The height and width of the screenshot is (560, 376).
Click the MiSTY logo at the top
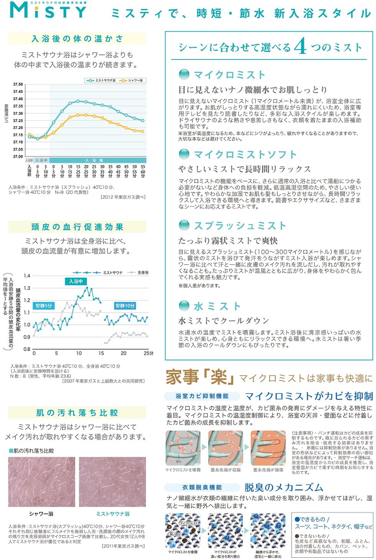pyautogui.click(x=48, y=11)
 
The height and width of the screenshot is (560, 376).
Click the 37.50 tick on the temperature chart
pyautogui.click(x=18, y=84)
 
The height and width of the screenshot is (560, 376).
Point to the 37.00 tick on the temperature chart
pyautogui.click(x=18, y=157)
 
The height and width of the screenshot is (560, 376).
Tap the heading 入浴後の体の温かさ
pyautogui.click(x=77, y=39)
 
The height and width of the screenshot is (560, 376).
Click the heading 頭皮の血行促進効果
pyautogui.click(x=77, y=227)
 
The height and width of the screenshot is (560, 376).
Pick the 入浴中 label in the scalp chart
pyautogui.click(x=76, y=281)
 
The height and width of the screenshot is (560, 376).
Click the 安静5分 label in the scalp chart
pyautogui.click(x=44, y=306)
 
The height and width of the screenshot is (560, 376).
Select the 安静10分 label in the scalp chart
pyautogui.click(x=125, y=306)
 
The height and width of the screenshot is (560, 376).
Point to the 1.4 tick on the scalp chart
pyautogui.click(x=27, y=276)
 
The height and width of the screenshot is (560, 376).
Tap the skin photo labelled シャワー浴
pyautogui.click(x=41, y=482)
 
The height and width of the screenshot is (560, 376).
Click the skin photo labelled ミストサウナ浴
pyautogui.click(x=112, y=482)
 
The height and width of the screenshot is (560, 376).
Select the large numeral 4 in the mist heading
pyautogui.click(x=300, y=47)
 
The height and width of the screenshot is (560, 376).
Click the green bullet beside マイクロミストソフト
pyautogui.click(x=184, y=154)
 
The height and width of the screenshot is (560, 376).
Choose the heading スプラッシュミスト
pyautogui.click(x=240, y=226)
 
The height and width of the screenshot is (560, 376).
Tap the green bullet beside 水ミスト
pyautogui.click(x=184, y=306)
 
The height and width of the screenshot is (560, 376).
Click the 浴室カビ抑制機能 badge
pyautogui.click(x=202, y=396)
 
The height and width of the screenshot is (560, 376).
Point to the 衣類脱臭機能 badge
pyautogui.click(x=202, y=487)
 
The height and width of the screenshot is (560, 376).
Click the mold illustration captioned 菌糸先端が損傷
pyautogui.click(x=268, y=448)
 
